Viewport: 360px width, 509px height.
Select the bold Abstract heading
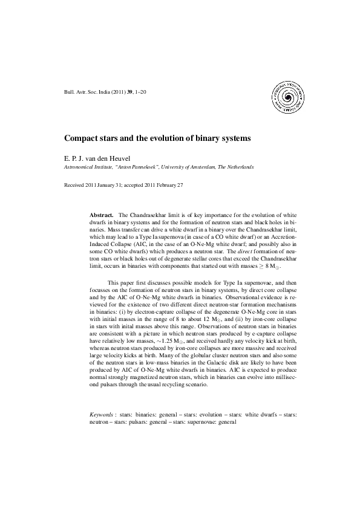(x=102, y=215)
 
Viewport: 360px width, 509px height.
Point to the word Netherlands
(x=238, y=166)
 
